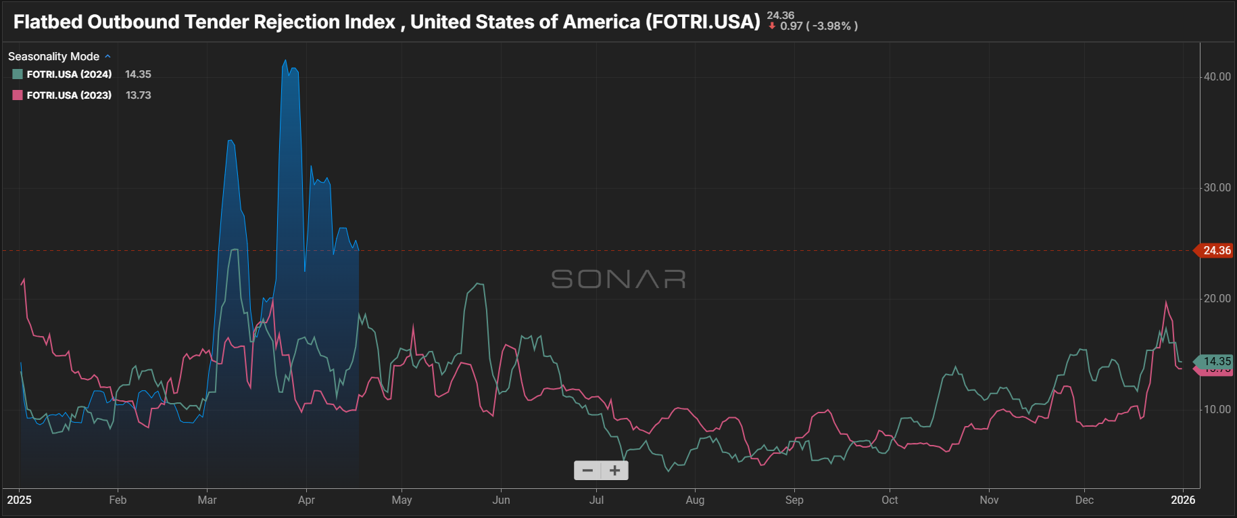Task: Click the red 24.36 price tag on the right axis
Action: pos(1216,251)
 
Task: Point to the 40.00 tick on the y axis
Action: pos(1217,77)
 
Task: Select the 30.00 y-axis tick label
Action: pos(1217,188)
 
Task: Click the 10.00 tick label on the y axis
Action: pos(1217,410)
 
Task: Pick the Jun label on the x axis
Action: pos(501,500)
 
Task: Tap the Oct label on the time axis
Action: pos(890,500)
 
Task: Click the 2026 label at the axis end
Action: pos(1183,500)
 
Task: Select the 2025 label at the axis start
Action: pos(20,500)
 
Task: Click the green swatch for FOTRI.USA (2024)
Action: pos(18,74)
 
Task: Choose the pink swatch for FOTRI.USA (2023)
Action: pos(18,95)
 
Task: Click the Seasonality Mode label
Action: pos(53,57)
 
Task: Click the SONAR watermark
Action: pos(618,279)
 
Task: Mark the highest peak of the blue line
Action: pos(285,60)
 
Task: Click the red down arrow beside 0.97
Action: pos(772,26)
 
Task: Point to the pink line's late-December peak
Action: pos(1166,302)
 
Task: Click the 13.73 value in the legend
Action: pos(139,95)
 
